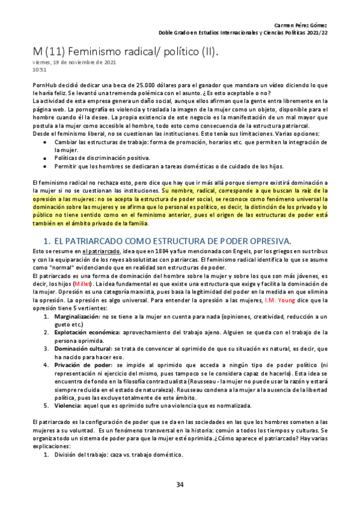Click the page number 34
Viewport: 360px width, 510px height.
[180, 485]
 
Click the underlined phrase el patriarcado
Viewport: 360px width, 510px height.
[101, 251]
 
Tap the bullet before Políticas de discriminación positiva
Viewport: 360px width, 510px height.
[47, 158]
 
